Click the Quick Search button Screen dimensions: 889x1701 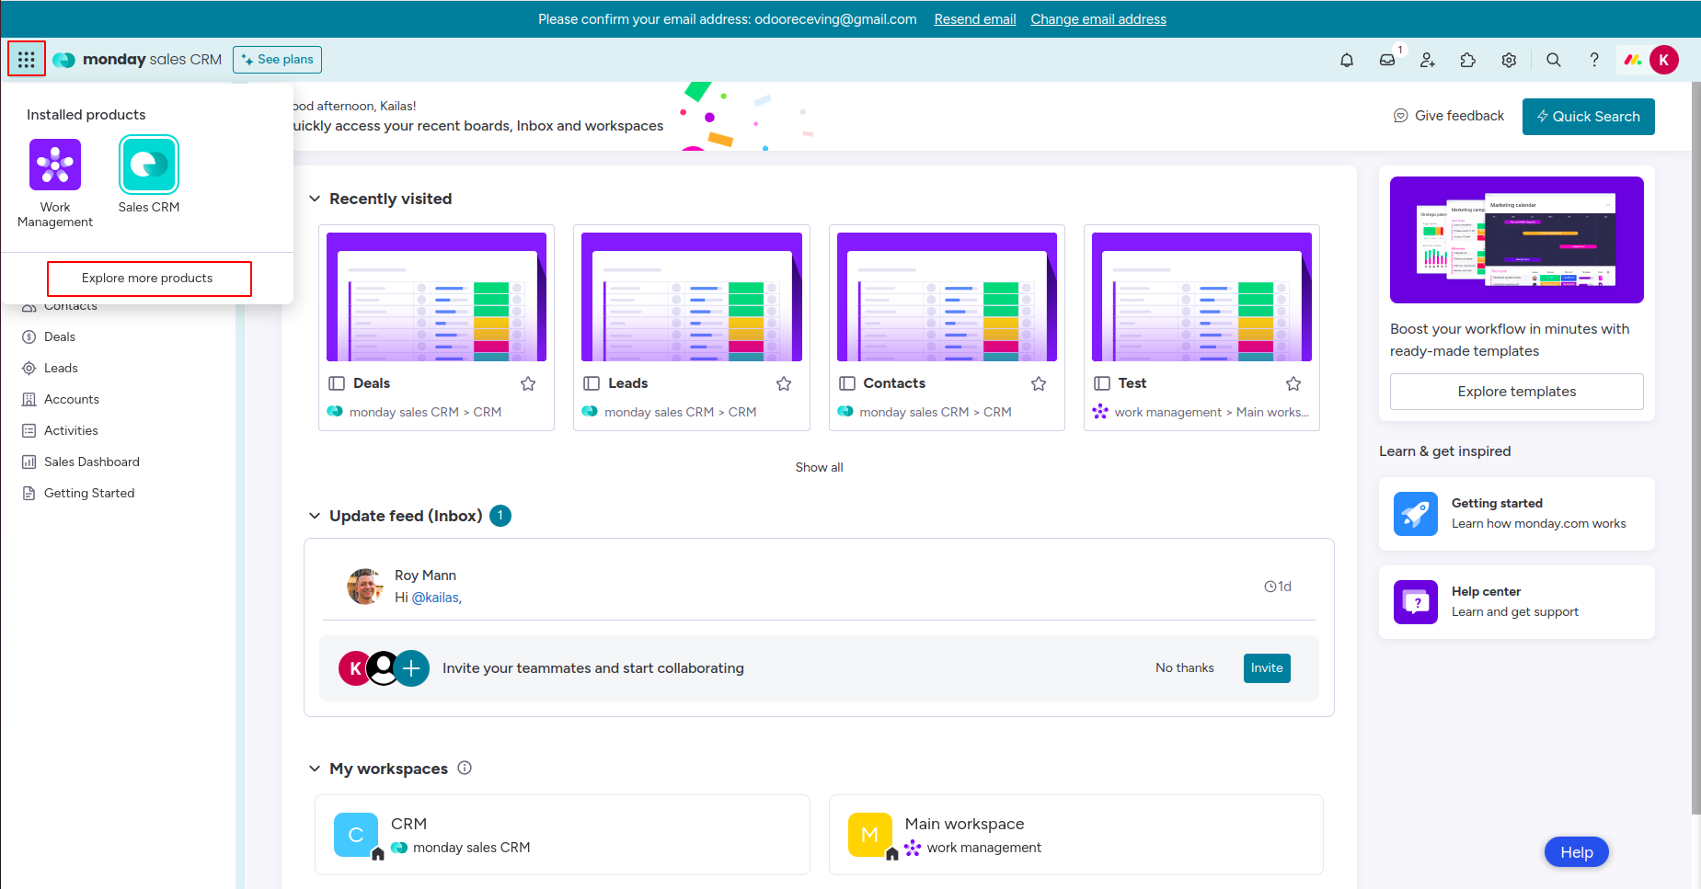[1588, 117]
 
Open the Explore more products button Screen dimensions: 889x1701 [148, 279]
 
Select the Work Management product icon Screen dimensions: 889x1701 [55, 165]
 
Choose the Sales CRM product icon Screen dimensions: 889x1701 [149, 165]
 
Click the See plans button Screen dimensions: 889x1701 [277, 60]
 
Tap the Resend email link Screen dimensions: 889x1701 [974, 19]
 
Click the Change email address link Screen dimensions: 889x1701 [1098, 19]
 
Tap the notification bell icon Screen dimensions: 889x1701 [1347, 60]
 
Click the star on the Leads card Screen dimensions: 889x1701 [784, 383]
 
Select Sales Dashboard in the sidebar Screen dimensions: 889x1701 [91, 462]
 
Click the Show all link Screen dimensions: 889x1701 [819, 467]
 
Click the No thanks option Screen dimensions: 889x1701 [1184, 668]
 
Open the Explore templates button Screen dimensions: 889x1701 [1516, 392]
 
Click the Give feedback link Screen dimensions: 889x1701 [1449, 116]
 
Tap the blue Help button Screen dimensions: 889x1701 [1576, 852]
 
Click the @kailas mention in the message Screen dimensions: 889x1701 [435, 598]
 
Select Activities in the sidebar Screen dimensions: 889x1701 [71, 430]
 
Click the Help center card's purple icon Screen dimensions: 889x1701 [1415, 602]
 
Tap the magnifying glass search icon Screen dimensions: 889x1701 [1553, 60]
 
